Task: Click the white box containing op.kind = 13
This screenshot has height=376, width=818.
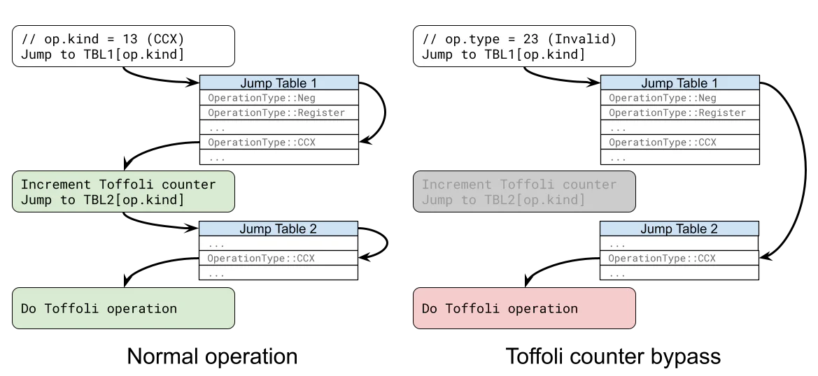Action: pos(123,47)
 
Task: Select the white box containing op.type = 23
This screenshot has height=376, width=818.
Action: pos(524,47)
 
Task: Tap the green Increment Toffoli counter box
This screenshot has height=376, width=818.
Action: pos(123,192)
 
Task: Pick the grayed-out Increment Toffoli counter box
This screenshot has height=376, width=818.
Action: pos(524,192)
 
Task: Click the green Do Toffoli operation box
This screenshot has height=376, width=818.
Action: pos(123,308)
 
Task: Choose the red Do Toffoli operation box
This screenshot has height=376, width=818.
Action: pos(524,308)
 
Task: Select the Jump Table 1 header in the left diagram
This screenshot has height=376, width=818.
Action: pos(278,83)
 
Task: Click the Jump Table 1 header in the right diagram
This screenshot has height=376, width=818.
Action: pos(679,83)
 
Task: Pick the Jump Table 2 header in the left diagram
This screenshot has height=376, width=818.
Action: pos(278,229)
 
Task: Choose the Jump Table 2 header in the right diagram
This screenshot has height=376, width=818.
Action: pos(679,229)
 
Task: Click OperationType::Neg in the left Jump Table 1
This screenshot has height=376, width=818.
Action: pos(262,99)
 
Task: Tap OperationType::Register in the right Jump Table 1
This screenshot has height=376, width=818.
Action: pos(677,113)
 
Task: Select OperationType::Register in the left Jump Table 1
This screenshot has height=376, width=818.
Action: pos(276,113)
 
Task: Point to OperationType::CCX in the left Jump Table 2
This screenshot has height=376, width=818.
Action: pos(262,259)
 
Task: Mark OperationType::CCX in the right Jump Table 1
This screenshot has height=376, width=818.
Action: pos(663,143)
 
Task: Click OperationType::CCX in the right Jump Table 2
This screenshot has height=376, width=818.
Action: pos(663,259)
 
